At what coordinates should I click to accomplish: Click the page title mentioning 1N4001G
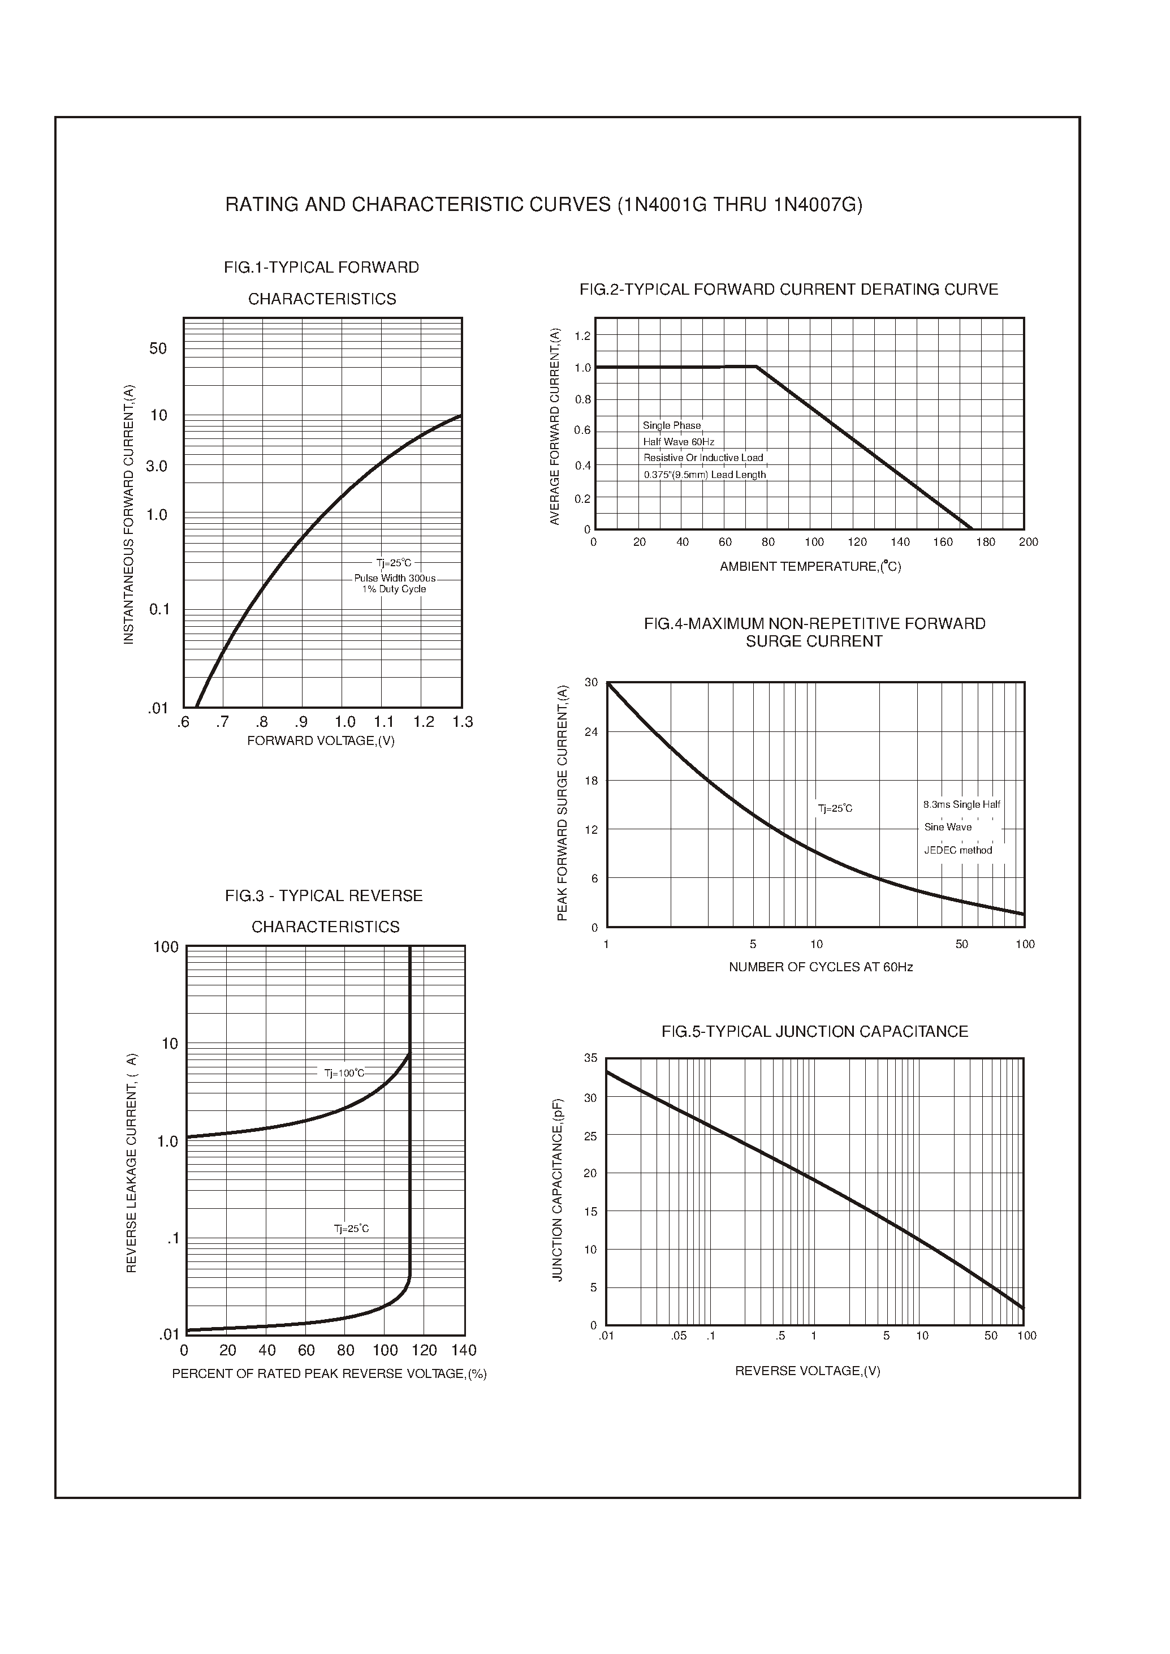coord(543,205)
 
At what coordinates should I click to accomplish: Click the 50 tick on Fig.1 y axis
coord(158,349)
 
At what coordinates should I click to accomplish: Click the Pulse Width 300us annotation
coord(395,579)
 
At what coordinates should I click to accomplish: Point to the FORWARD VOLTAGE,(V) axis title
coord(321,741)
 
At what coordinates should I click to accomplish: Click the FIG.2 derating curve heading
coord(789,290)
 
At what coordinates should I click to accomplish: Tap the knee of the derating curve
coord(755,367)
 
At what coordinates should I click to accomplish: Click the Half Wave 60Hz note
coord(679,442)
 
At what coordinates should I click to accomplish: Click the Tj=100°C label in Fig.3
coord(344,1073)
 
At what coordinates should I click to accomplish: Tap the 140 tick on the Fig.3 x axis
coord(464,1350)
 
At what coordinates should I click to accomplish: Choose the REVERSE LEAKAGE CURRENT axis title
coord(131,1163)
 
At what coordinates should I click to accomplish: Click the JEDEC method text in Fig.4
coord(957,850)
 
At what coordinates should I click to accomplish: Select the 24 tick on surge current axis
coord(591,732)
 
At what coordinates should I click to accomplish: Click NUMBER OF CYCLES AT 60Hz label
coord(821,967)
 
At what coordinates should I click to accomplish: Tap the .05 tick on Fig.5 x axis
coord(679,1336)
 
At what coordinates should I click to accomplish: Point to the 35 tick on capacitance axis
coord(591,1058)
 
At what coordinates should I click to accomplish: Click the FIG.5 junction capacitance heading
coord(814,1032)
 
